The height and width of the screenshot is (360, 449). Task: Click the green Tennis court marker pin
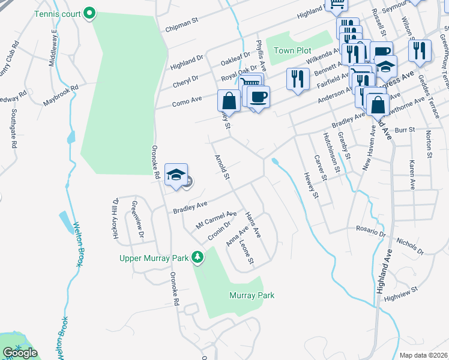89,13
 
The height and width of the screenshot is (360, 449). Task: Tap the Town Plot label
292,50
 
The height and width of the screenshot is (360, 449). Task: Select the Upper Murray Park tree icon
197,257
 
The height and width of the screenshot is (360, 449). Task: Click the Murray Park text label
252,295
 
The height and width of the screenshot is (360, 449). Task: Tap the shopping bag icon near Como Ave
229,100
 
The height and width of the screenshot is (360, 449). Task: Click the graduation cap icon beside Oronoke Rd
176,175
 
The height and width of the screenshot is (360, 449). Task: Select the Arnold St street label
223,167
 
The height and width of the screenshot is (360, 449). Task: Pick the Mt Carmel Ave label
216,220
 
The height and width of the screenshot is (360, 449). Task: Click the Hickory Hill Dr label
115,219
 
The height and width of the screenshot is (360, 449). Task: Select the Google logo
20,352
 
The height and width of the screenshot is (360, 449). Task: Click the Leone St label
248,253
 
